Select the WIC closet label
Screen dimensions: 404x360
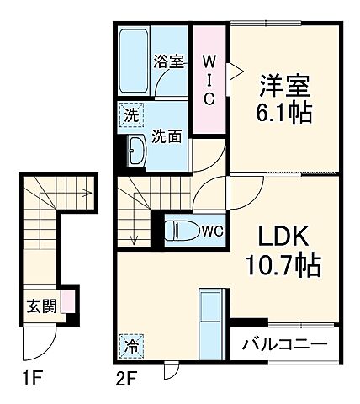[x=209, y=79]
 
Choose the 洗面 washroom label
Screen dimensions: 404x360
[x=167, y=137]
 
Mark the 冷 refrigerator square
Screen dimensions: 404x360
[x=133, y=346]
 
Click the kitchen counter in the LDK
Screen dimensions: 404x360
[x=210, y=321]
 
